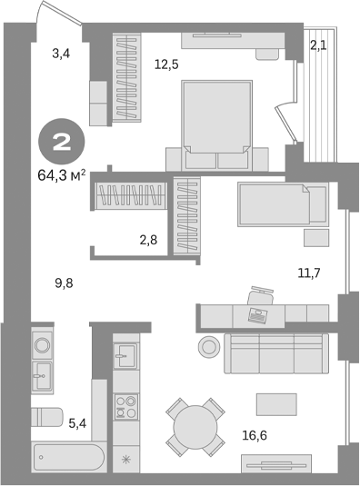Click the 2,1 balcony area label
[x=317, y=45]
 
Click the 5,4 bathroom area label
[x=77, y=422]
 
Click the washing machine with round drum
[x=42, y=344]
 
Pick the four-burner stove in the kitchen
[x=125, y=406]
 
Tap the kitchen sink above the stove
[x=125, y=354]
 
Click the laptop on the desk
[x=256, y=315]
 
